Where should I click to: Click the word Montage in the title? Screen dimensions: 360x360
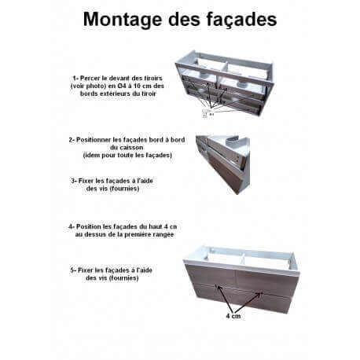coord(123,20)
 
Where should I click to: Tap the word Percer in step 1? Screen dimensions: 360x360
coord(89,78)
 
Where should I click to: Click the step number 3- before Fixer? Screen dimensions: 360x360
coord(74,181)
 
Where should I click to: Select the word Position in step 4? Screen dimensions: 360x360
coord(88,226)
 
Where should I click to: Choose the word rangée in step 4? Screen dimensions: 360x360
coord(163,234)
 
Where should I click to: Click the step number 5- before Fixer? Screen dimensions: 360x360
coord(73,270)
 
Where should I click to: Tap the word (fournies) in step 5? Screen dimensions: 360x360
coord(123,278)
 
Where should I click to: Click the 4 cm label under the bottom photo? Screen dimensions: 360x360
coord(233,316)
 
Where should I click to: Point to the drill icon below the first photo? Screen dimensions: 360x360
coord(206,113)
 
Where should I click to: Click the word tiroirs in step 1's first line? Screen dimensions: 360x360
coord(153,78)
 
